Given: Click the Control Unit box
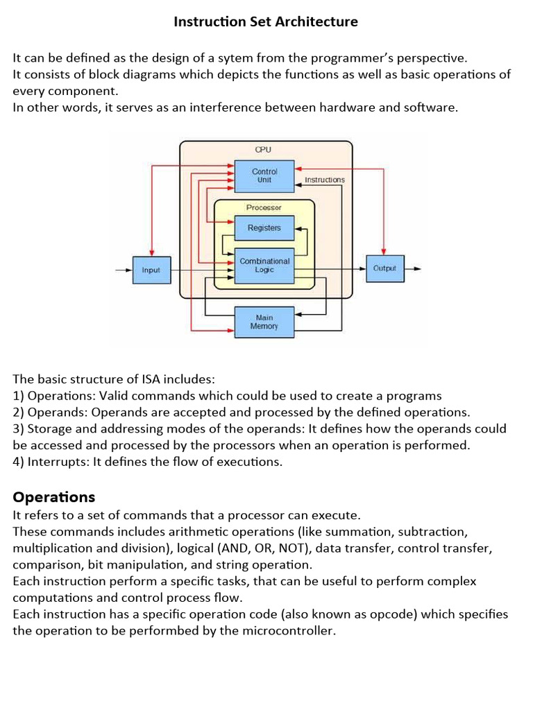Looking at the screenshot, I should pyautogui.click(x=264, y=175).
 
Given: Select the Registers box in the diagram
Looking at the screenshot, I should pyautogui.click(x=264, y=227).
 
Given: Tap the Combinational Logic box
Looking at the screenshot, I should pyautogui.click(x=264, y=266).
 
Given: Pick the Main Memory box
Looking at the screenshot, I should pyautogui.click(x=264, y=322).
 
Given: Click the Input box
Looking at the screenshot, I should pyautogui.click(x=151, y=270).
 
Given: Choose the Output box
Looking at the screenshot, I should pyautogui.click(x=384, y=268).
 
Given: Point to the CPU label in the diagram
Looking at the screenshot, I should pyautogui.click(x=264, y=149).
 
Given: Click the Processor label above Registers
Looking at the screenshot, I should pyautogui.click(x=264, y=207).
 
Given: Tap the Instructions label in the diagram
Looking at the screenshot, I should pyautogui.click(x=324, y=180).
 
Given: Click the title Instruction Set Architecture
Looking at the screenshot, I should pyautogui.click(x=266, y=21).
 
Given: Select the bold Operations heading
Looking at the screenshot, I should pyautogui.click(x=54, y=497).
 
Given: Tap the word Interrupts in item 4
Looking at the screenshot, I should pyautogui.click(x=54, y=462).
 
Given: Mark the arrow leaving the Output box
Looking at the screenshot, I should pyautogui.click(x=414, y=268).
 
